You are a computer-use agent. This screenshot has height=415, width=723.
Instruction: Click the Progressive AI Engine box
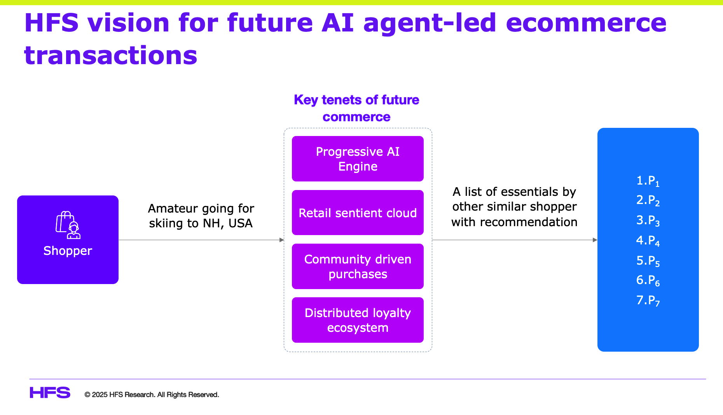click(358, 159)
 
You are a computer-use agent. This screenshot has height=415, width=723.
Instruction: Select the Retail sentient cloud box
click(358, 213)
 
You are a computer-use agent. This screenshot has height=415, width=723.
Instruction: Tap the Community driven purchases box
click(358, 266)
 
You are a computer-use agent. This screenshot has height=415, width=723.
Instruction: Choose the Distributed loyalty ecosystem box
click(358, 320)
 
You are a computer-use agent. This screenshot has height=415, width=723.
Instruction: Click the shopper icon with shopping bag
click(68, 225)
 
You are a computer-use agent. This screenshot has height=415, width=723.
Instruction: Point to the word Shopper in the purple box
click(68, 251)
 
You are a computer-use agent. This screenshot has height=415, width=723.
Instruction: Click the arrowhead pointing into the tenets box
click(282, 240)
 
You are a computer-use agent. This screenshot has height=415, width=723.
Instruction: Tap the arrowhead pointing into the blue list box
click(595, 240)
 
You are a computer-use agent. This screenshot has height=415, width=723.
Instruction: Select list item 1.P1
click(648, 181)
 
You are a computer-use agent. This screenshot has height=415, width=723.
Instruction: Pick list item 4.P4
click(648, 241)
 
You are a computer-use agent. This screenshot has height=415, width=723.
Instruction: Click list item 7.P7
click(648, 300)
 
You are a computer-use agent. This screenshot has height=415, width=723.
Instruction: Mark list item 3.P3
click(648, 221)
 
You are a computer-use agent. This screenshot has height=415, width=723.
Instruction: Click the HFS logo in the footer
click(50, 392)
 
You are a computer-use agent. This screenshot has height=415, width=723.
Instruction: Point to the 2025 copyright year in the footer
click(100, 395)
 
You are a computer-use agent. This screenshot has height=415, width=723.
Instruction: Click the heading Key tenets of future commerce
click(356, 108)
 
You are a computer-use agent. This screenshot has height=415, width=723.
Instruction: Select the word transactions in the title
click(111, 55)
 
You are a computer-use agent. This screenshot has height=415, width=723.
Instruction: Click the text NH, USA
click(228, 223)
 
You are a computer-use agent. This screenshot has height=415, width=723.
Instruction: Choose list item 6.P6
click(648, 281)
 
